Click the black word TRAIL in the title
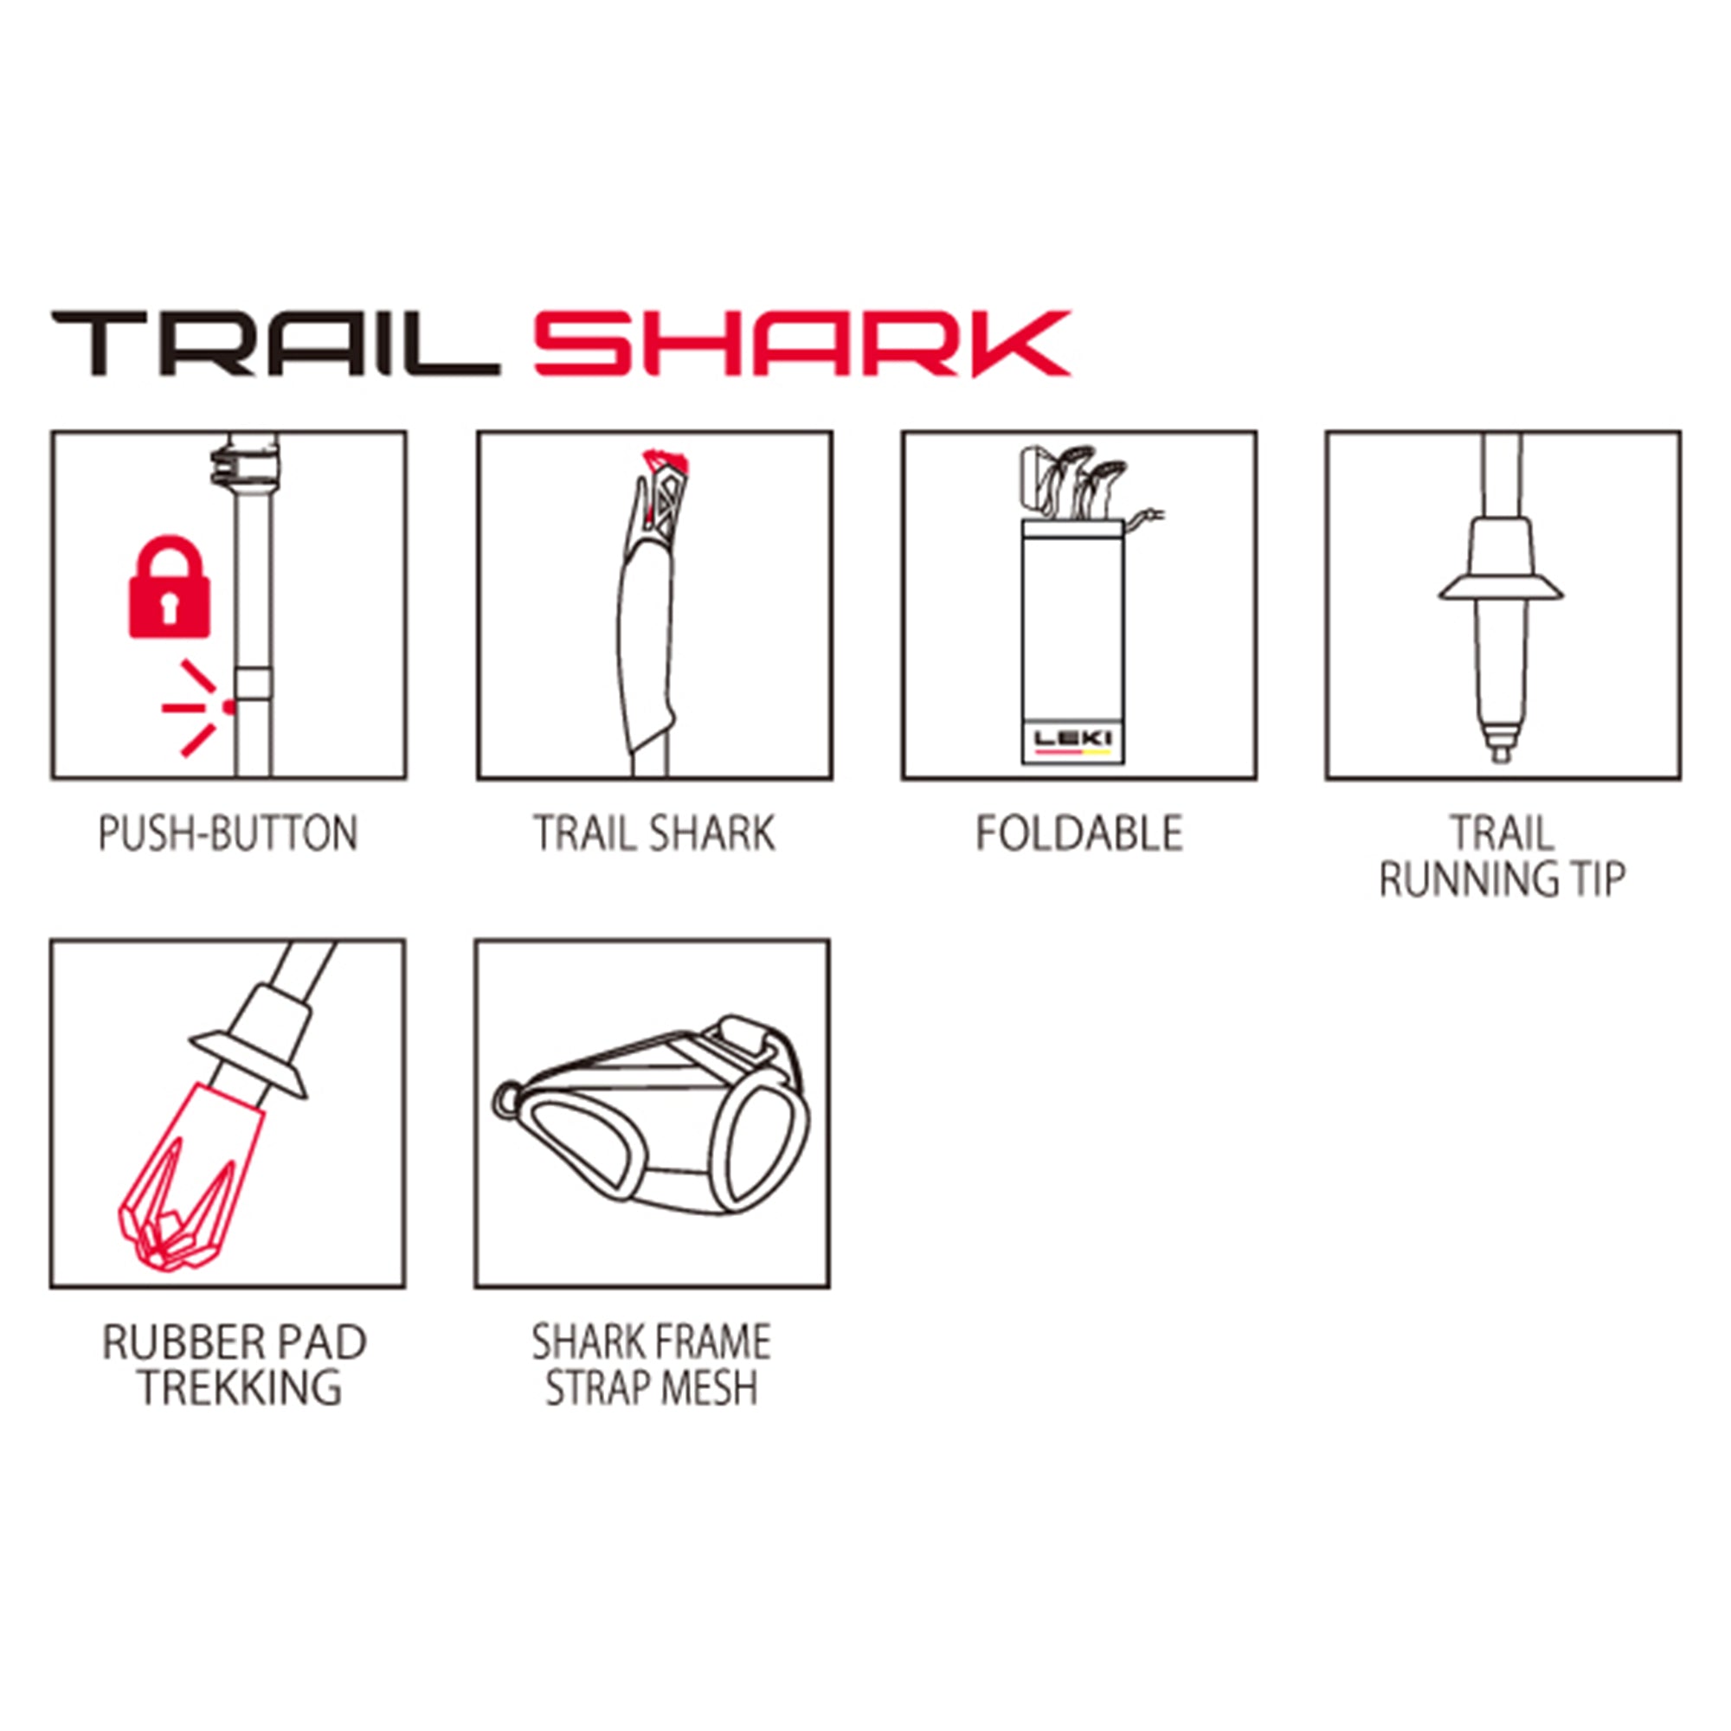coord(275,344)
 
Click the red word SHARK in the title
coord(802,344)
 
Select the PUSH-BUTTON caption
coord(228,833)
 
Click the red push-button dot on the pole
coord(229,707)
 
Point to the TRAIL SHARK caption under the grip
coord(654,833)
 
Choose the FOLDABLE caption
coord(1078,833)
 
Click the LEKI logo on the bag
coord(1072,739)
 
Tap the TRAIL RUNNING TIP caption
coord(1503,856)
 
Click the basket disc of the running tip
coord(1502,589)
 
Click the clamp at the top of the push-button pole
coord(244,464)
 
